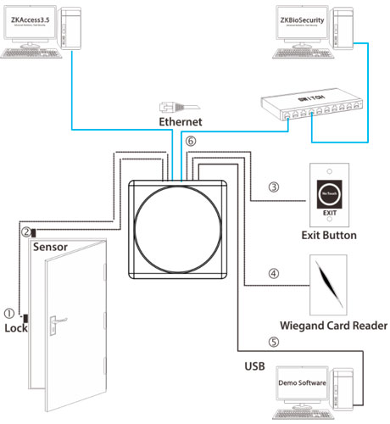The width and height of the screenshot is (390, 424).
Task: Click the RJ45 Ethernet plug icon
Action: click(170, 106)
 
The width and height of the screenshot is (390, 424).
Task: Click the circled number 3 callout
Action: click(273, 187)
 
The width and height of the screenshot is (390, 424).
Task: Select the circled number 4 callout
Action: click(273, 274)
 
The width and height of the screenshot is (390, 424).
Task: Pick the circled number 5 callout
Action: click(273, 343)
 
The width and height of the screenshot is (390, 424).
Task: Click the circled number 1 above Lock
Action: click(9, 312)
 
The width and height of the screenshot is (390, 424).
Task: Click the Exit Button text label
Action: click(329, 234)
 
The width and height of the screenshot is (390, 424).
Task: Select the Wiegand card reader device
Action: click(328, 285)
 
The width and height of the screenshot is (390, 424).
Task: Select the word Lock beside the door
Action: click(16, 327)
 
